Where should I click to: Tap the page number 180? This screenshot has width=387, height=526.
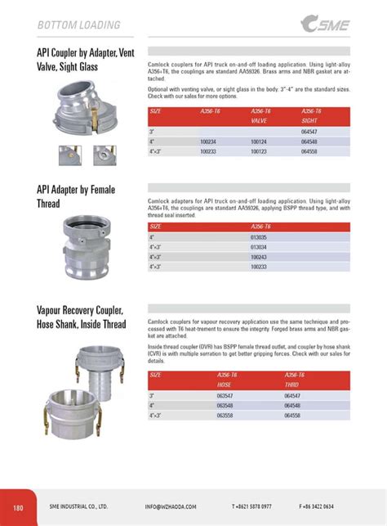tap(19, 507)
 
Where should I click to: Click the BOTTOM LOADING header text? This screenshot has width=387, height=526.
tap(78, 25)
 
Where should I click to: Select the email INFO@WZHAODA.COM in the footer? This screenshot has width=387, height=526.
tap(174, 507)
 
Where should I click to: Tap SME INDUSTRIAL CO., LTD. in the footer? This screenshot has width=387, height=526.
tap(78, 507)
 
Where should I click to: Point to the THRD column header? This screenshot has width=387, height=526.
tap(291, 384)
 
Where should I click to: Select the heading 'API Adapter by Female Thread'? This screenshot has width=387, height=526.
tap(76, 196)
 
